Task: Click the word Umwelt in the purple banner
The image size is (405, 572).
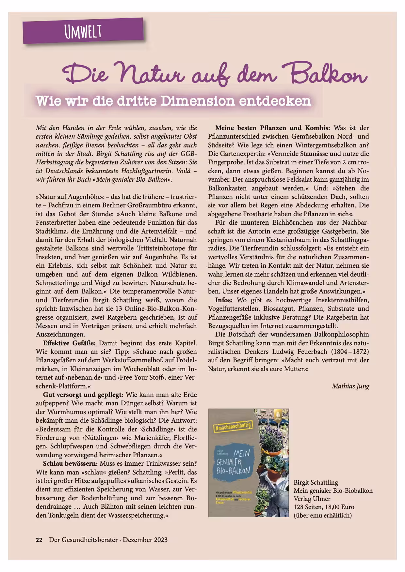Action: coord(83,32)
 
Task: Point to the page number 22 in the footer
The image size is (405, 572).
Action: coord(39,540)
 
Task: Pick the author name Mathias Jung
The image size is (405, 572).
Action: coord(350,386)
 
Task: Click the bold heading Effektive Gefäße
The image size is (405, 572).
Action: coord(69,343)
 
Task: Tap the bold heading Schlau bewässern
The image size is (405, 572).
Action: coord(70,463)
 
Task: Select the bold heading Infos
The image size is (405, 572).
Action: coord(224,300)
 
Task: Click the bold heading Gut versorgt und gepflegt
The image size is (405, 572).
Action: coord(83,395)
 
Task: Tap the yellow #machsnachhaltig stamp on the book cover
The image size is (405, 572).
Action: coord(233,426)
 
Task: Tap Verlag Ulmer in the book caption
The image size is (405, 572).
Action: coord(312,499)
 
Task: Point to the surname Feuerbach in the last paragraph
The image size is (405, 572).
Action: coord(309,352)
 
